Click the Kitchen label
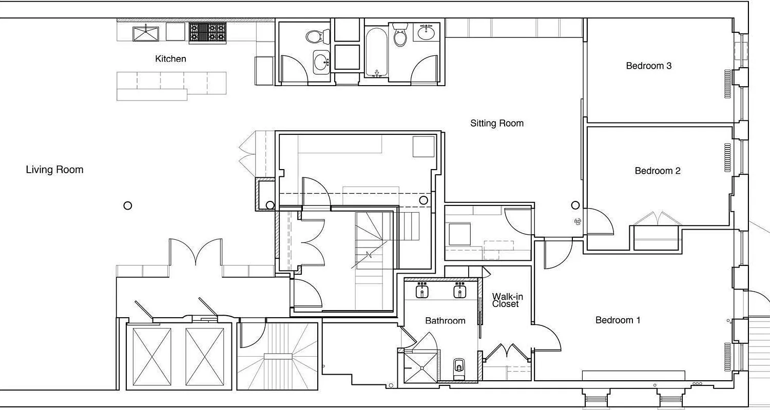point(170,59)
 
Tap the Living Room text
point(54,170)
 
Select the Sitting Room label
point(497,123)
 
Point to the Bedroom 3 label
point(649,66)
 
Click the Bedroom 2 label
point(658,171)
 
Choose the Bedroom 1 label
point(618,320)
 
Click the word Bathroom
point(445,321)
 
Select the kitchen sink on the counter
point(146,33)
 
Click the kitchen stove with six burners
point(207,32)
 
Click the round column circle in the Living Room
point(128,206)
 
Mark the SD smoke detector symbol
point(577,221)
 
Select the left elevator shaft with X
point(152,356)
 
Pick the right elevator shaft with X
point(205,356)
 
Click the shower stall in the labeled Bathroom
point(420,367)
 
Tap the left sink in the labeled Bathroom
point(422,291)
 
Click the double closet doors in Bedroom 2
point(658,218)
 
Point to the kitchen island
point(171,85)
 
